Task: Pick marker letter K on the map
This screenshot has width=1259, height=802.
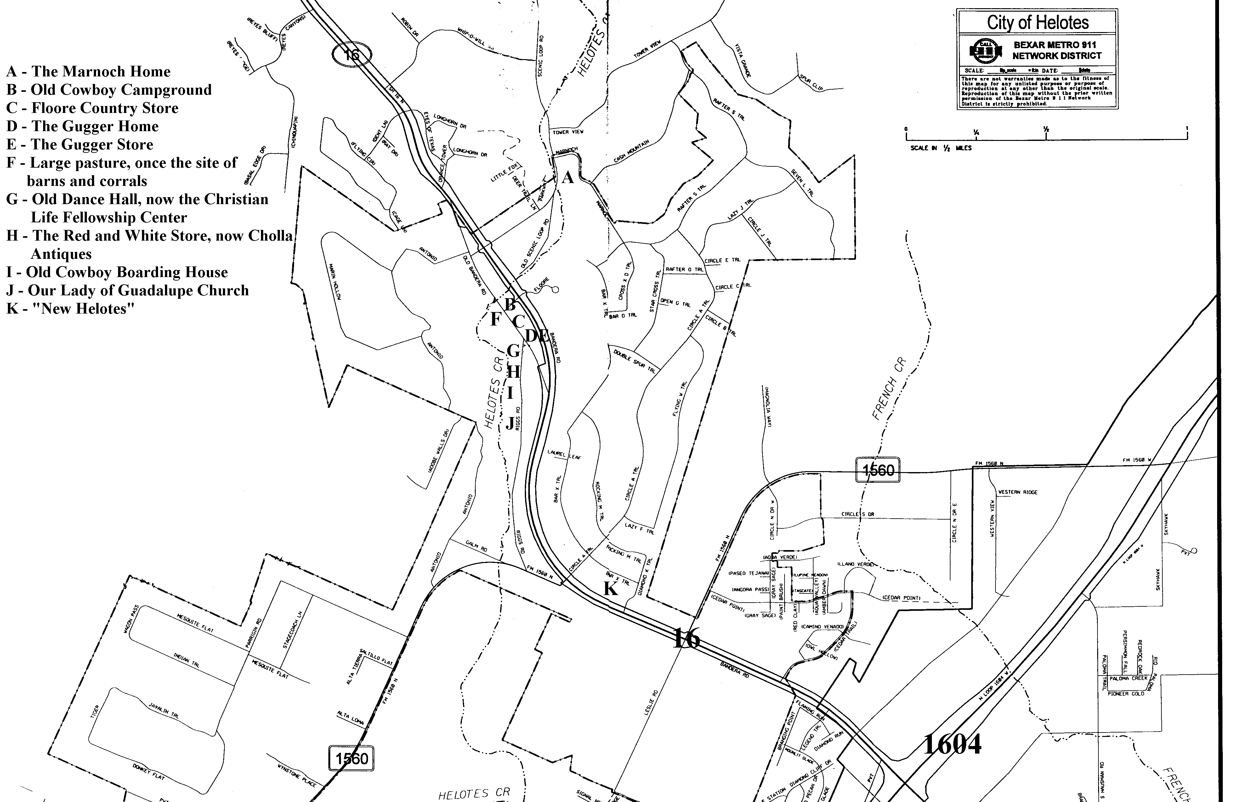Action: click(x=610, y=589)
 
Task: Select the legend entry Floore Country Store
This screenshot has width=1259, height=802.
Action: click(x=93, y=108)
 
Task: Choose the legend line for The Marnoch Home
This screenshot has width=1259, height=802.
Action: click(x=88, y=72)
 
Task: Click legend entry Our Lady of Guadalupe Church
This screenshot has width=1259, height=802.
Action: click(x=128, y=291)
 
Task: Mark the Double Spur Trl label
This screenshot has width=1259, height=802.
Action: click(x=634, y=360)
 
